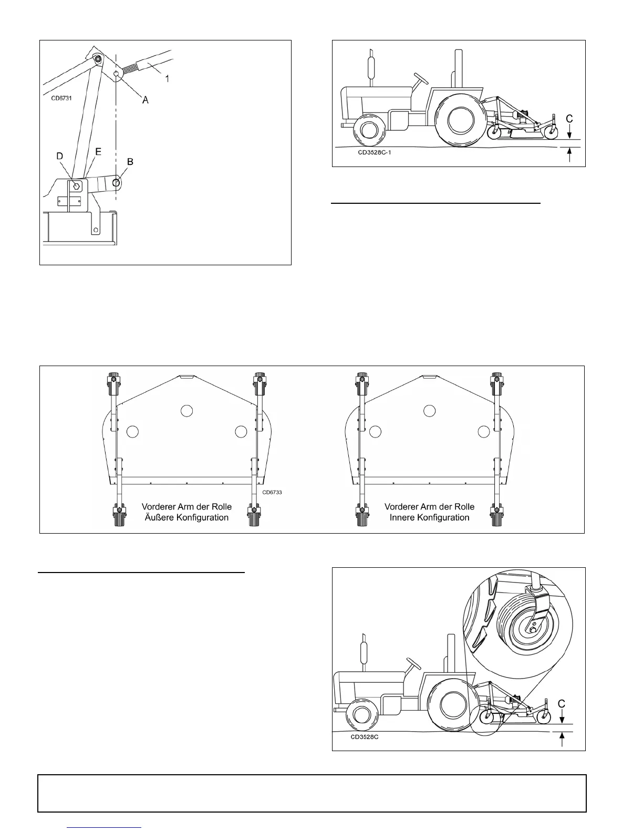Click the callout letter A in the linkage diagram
[x=146, y=100]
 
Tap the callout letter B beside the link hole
[x=130, y=162]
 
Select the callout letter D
[x=60, y=157]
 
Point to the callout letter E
[x=98, y=151]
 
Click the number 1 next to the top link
[x=167, y=79]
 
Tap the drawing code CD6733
[x=272, y=492]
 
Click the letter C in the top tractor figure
[x=569, y=120]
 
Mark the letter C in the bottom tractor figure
[x=562, y=704]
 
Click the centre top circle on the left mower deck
[x=186, y=411]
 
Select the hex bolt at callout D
[x=76, y=185]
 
